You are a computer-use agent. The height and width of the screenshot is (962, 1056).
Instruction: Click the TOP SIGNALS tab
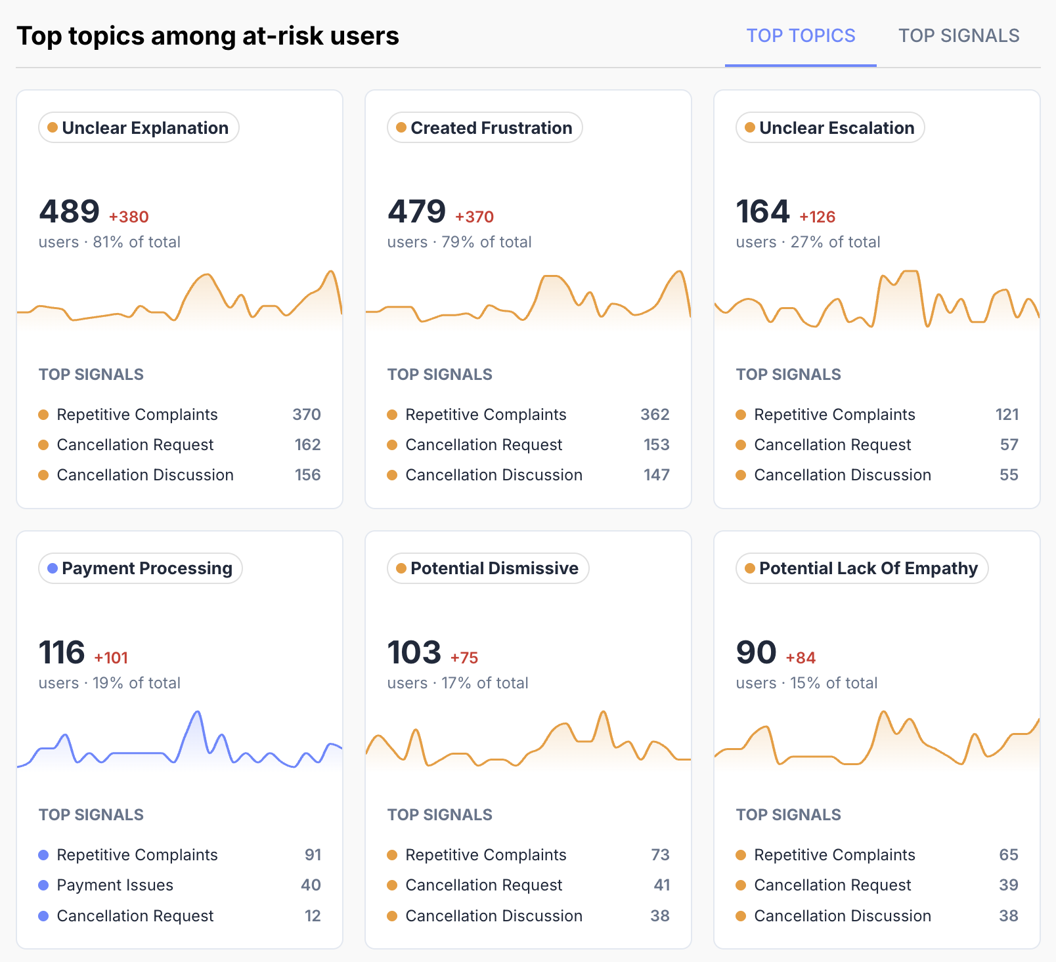tap(959, 35)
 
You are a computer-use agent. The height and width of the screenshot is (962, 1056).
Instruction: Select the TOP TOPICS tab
tap(801, 35)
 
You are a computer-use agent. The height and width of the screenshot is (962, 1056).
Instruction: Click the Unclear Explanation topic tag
tap(139, 127)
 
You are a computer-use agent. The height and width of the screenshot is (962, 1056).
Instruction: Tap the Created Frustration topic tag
tap(485, 127)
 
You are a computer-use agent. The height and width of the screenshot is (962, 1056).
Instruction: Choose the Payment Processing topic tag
tap(141, 568)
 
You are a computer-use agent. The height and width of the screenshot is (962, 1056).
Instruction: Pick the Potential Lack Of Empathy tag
tap(862, 568)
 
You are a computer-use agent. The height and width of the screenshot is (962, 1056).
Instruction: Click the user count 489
tap(69, 211)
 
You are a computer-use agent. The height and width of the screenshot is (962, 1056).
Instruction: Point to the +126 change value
tap(817, 217)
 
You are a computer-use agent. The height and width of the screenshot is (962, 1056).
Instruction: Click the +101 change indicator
tap(111, 658)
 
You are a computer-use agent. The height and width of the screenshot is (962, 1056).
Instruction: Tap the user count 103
tap(414, 652)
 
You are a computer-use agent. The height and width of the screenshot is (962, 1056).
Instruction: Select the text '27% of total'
tap(835, 242)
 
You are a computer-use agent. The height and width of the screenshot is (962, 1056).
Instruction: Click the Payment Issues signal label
tap(115, 885)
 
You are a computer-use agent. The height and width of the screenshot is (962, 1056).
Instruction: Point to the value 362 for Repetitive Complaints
tap(655, 415)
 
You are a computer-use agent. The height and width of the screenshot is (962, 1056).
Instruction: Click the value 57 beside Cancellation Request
tap(1009, 445)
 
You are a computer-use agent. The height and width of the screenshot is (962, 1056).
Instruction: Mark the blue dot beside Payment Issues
tap(43, 885)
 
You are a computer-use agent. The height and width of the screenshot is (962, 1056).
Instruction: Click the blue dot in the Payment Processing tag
tap(53, 568)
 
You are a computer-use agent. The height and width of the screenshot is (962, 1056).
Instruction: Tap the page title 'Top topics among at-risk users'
tap(208, 36)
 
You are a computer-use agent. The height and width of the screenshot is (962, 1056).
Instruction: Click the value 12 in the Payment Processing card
tap(313, 915)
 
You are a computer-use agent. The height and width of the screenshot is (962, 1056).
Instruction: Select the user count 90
tap(756, 652)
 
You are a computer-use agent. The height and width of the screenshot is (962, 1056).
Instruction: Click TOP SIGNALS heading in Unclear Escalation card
tap(788, 375)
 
